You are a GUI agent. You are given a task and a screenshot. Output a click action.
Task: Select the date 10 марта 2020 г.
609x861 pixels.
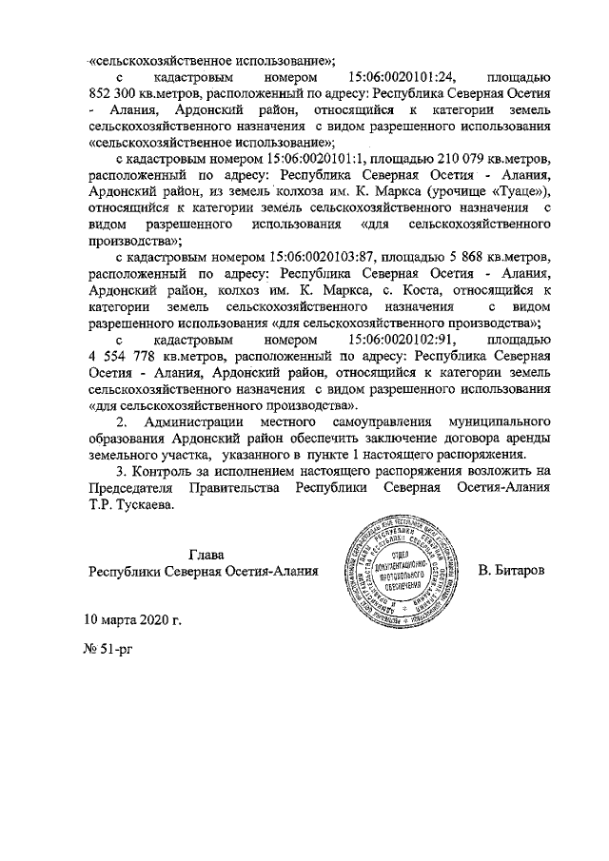click(132, 619)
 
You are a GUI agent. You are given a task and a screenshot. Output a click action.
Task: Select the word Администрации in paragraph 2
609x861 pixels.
click(198, 421)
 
